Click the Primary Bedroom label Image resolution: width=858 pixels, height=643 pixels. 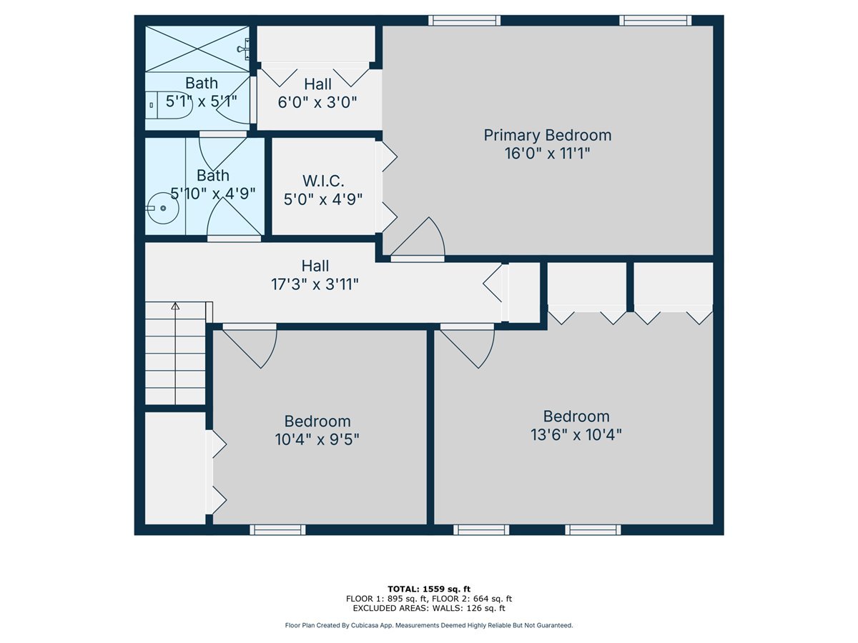coord(548,135)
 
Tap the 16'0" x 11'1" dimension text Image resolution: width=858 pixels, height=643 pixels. coord(548,154)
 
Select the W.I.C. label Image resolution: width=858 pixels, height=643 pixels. coord(323,179)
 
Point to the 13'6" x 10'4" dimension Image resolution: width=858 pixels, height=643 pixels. coord(576,434)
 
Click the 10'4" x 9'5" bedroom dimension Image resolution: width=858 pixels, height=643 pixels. coord(317,439)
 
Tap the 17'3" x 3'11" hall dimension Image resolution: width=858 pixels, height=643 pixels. coord(315,284)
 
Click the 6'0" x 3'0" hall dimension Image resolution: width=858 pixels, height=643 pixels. coord(317,102)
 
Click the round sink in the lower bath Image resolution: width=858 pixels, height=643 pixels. coord(163,208)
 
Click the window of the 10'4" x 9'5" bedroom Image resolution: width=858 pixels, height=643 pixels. coord(277,529)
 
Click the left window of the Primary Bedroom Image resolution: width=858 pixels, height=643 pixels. coord(464,20)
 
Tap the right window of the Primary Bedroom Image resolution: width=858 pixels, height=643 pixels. coord(656,20)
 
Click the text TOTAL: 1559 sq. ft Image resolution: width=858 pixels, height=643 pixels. coord(429,589)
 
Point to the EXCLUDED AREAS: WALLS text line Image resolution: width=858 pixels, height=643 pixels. coord(429,609)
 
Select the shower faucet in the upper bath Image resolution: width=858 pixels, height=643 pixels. coord(244,49)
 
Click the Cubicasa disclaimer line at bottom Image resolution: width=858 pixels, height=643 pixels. coord(429,625)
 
